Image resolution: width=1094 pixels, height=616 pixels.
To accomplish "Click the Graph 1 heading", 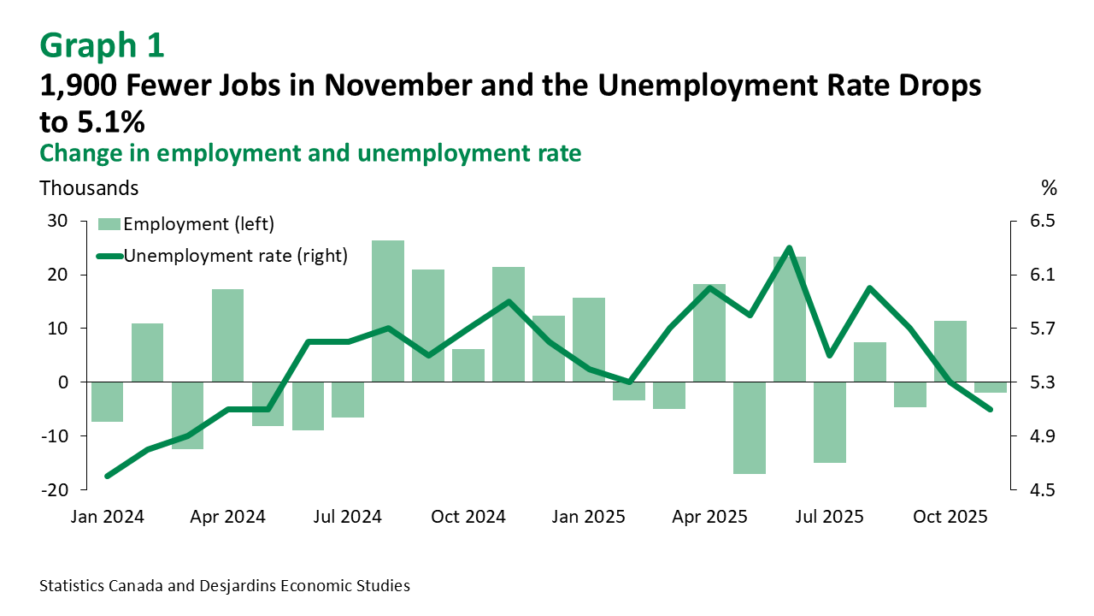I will coord(102,45).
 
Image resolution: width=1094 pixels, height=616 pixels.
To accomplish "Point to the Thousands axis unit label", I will coord(89,187).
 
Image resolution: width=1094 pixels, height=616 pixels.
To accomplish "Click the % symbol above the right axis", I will coord(1050,187).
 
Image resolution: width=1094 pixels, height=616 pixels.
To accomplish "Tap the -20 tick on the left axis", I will coord(54,489).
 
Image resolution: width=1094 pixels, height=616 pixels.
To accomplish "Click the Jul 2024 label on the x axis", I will coord(348,517).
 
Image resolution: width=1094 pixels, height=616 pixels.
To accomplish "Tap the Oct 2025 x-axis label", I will coord(950,517).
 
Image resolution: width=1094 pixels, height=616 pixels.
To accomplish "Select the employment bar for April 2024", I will coord(227,335).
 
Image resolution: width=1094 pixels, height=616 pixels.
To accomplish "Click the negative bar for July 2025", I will coord(830,423).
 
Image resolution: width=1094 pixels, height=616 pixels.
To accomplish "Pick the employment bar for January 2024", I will coord(107,402).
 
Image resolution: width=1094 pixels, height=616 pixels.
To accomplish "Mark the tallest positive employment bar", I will coord(388,311).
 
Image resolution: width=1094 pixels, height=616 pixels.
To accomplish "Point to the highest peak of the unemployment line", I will coord(789,248).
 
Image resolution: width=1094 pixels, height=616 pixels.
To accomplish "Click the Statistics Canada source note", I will coord(225,586).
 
